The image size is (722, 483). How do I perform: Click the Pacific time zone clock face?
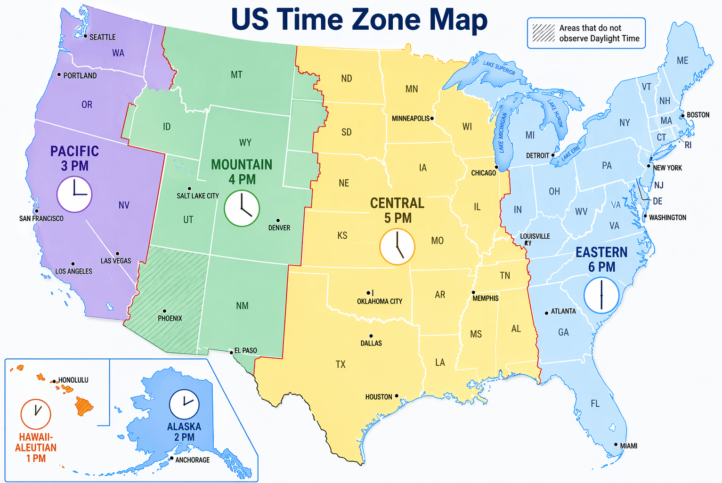tap(74, 194)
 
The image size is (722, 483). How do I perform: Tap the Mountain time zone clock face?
tap(242, 209)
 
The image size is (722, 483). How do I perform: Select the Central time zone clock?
tap(397, 247)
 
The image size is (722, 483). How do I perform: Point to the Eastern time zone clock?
tap(601, 295)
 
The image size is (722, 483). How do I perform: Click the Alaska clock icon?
tap(184, 404)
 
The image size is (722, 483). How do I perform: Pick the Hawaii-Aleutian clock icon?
tap(36, 414)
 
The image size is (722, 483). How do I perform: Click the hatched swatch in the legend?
tap(544, 33)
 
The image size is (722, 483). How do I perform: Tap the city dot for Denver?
tap(278, 220)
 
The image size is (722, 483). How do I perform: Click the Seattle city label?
tap(102, 37)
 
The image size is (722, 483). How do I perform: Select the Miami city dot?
tap(616, 444)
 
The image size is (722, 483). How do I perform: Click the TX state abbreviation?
tap(341, 364)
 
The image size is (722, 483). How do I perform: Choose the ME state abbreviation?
tap(682, 60)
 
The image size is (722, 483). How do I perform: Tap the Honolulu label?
tap(73, 380)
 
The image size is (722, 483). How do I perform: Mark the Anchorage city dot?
tap(172, 458)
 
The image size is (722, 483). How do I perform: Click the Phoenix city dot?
tap(164, 311)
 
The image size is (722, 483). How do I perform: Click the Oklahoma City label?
tap(380, 301)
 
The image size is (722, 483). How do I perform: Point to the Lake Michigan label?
tap(502, 133)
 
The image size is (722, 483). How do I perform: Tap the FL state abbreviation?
tap(595, 403)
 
